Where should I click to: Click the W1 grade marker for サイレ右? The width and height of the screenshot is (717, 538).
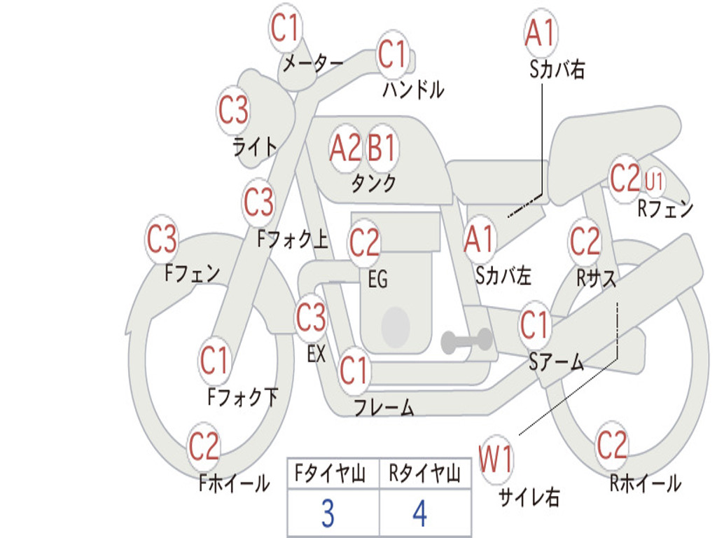point(496,459)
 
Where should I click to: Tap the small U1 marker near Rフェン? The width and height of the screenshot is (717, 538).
point(653,181)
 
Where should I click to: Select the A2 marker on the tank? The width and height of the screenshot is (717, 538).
point(345,148)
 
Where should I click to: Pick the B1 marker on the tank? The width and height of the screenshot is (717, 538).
point(381,148)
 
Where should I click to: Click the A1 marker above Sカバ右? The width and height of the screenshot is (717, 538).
point(541,33)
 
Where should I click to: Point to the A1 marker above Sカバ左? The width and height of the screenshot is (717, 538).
point(479,240)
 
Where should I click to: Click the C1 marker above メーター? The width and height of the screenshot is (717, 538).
point(285,27)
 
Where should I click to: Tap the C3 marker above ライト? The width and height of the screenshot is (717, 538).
point(233,110)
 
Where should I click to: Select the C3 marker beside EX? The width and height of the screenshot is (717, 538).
point(311,317)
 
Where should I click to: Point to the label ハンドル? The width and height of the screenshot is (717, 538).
point(413,89)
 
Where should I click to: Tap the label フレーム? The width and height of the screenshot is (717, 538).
point(384,407)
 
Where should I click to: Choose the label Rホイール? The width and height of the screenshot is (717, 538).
point(646,483)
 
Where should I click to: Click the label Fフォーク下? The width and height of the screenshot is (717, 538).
point(243,396)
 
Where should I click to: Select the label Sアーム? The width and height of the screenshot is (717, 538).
point(557,361)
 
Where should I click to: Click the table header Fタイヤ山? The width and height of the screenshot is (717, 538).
point(330,474)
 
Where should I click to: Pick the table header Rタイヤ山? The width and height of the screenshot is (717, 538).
point(424,474)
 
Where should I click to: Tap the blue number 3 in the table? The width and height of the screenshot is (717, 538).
point(328,513)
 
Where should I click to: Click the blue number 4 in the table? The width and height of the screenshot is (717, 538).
point(420,513)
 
